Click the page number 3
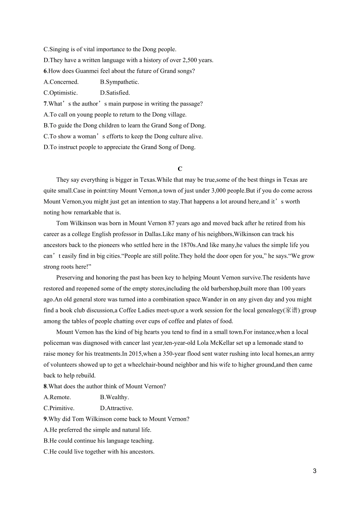(x=315, y=471)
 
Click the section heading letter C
(x=180, y=169)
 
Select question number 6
(x=45, y=71)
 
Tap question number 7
(x=45, y=104)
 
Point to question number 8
(x=45, y=387)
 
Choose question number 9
(x=45, y=419)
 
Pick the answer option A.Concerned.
(x=61, y=82)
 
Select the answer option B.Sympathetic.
(x=119, y=82)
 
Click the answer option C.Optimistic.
(x=61, y=93)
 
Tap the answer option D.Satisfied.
(x=115, y=93)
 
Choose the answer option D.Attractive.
(x=117, y=408)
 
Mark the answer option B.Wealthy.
(x=114, y=397)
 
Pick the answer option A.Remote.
(x=57, y=397)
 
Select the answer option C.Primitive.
(x=59, y=408)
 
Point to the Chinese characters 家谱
(x=291, y=310)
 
